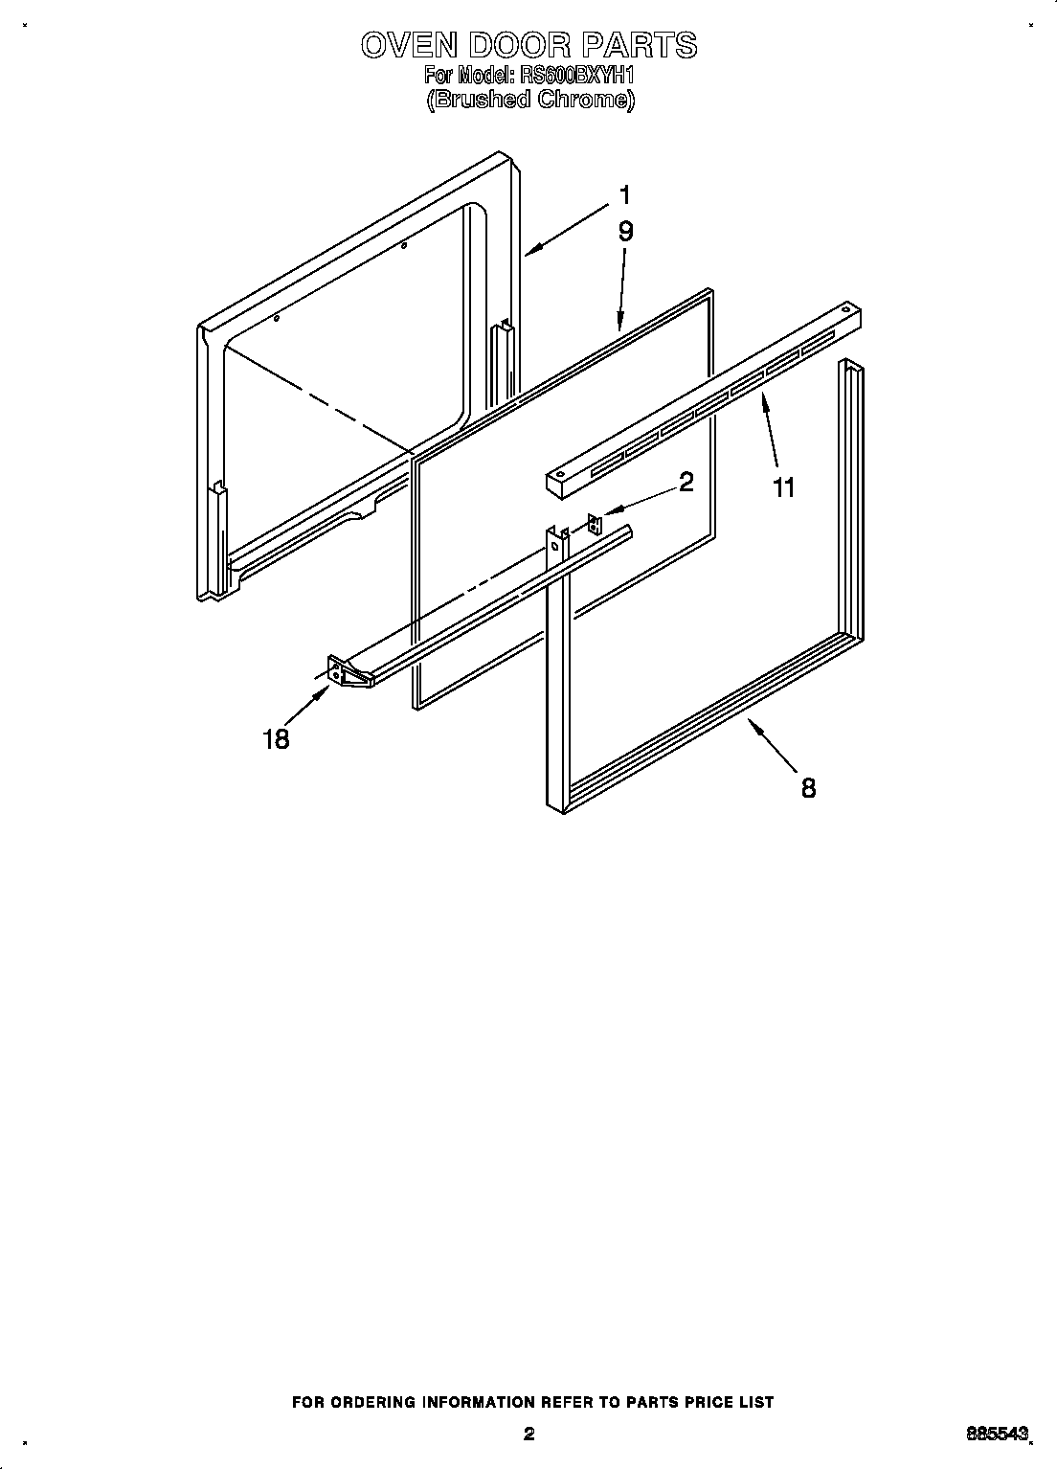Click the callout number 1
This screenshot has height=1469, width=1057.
(624, 195)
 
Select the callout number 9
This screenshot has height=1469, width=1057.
(625, 231)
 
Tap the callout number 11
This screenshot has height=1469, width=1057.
(783, 487)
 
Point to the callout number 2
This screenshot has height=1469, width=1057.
(686, 482)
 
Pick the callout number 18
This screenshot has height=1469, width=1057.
(276, 739)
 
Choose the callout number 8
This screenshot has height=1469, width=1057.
(808, 788)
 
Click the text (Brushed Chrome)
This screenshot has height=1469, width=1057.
(529, 100)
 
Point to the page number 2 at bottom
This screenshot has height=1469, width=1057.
(528, 1434)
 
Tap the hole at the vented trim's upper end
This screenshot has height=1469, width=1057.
(845, 311)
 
